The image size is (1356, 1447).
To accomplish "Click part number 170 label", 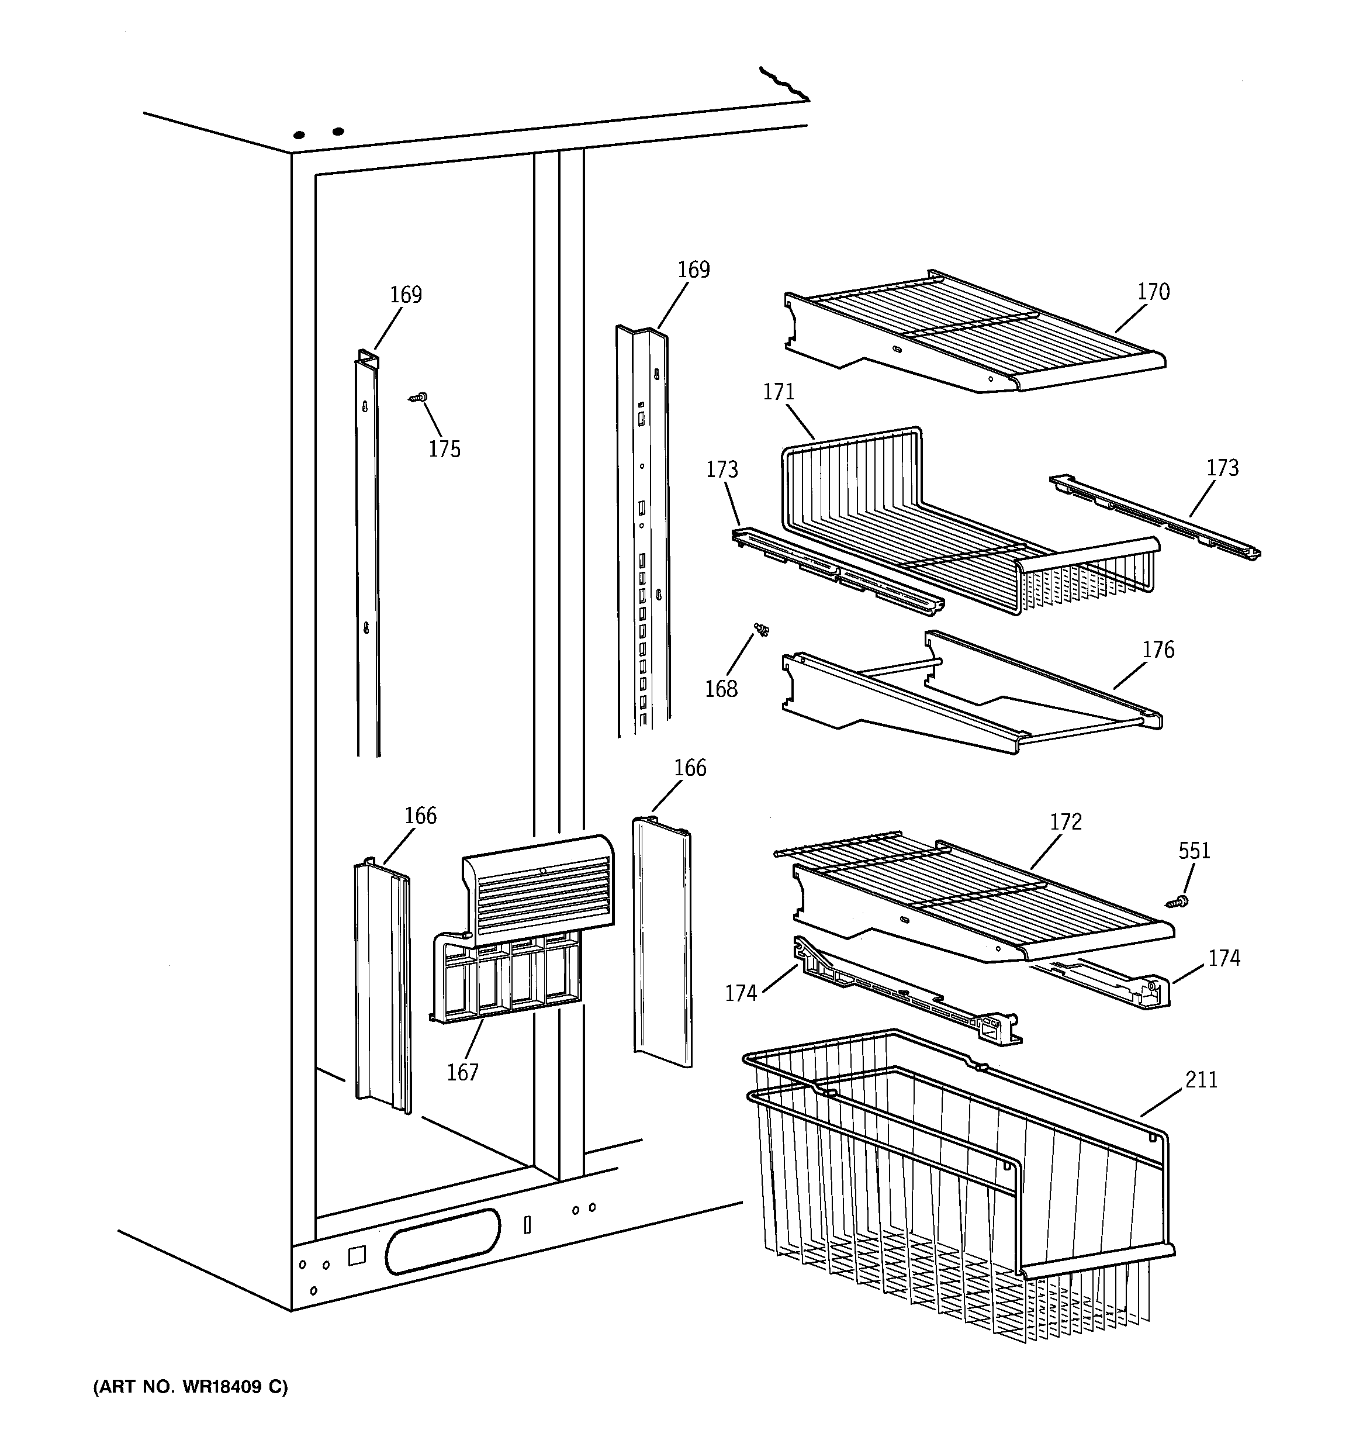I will coord(1153,292).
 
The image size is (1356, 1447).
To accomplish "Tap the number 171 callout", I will coord(778,392).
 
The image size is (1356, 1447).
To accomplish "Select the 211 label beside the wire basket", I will coord(1201,1079).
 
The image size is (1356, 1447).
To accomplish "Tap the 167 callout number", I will coord(462,1072).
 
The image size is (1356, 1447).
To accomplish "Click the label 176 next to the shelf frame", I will coord(1157,650).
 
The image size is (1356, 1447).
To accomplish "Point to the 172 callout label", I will coord(1066,822).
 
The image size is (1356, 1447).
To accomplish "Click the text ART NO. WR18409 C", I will coord(191,1387).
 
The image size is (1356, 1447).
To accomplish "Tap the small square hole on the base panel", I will coord(357,1256).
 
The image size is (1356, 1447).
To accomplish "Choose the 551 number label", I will coord(1194,851).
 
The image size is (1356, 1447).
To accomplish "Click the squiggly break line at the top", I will coord(784,83).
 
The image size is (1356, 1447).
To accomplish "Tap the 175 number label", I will coord(444,449).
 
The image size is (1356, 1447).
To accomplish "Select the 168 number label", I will coord(721,689).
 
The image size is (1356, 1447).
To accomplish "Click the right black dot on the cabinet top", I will coord(338,132).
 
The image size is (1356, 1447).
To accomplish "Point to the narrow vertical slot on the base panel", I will coord(528,1225).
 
